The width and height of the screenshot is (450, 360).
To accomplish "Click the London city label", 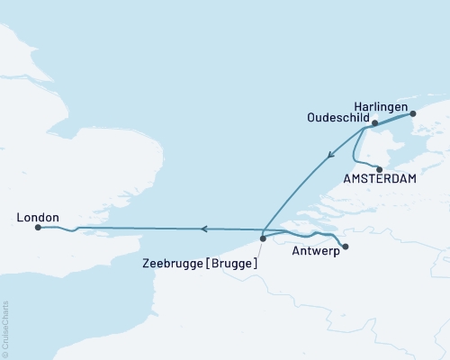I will click(38, 218).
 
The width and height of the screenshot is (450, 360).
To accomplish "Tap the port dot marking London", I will click(38, 228).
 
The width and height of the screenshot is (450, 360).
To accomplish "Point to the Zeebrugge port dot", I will click(263, 238).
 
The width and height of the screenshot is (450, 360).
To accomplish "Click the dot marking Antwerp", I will click(346, 246).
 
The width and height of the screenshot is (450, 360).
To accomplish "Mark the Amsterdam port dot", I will click(379, 168).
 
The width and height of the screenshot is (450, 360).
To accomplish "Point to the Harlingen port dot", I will click(413, 113).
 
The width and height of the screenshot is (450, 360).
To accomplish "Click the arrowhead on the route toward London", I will click(204, 229).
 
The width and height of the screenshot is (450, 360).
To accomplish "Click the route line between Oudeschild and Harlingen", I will click(394, 117).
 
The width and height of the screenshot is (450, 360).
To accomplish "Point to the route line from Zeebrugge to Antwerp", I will click(306, 236).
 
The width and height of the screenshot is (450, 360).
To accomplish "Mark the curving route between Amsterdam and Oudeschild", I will click(358, 148).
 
